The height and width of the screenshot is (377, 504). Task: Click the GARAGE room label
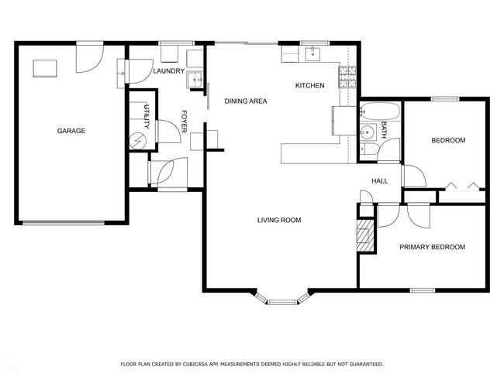pos(71,131)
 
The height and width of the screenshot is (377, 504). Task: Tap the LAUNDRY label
pos(169,71)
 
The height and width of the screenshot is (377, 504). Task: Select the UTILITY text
pos(147,116)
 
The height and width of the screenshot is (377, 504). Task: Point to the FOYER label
pos(185,122)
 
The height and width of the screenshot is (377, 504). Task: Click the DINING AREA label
pos(246,101)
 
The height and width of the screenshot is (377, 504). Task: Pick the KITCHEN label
pos(310,85)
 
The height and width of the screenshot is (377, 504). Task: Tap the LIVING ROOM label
pos(279,220)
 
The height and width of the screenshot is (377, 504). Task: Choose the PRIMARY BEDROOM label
pos(433,247)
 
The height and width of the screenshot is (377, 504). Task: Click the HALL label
pos(380,181)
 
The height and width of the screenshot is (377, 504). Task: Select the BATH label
pos(384,129)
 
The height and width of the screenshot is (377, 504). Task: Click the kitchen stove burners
pos(347,77)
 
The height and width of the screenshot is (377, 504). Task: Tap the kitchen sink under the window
pos(312,53)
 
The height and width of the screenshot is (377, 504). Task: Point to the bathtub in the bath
pos(380,111)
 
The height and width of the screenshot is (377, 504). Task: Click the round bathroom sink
pos(366,132)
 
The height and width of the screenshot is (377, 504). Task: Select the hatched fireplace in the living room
pos(365,235)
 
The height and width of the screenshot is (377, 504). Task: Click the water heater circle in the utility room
pos(138,141)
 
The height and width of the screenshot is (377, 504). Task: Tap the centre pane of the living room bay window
pos(283,302)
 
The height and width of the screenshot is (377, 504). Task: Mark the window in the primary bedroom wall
pos(423,290)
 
